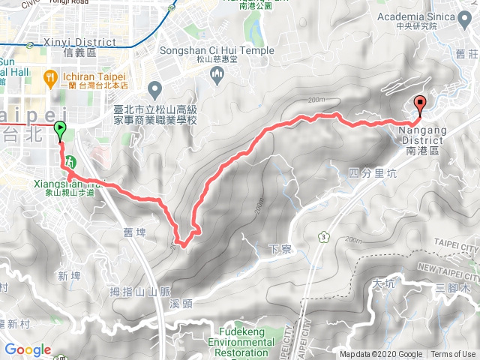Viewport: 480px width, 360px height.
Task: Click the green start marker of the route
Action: tap(59, 130)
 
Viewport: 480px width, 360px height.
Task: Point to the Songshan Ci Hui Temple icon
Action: tap(218, 73)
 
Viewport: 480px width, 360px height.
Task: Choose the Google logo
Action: tap(27, 349)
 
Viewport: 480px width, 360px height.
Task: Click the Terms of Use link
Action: tap(453, 355)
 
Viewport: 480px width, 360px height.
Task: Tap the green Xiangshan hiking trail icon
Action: tap(70, 161)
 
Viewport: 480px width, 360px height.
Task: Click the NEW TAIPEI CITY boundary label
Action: tap(448, 268)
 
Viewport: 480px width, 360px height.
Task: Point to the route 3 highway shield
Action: tap(324, 237)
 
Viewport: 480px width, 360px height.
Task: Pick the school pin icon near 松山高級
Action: tap(155, 91)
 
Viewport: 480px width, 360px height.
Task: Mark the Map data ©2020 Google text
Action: tap(381, 355)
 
